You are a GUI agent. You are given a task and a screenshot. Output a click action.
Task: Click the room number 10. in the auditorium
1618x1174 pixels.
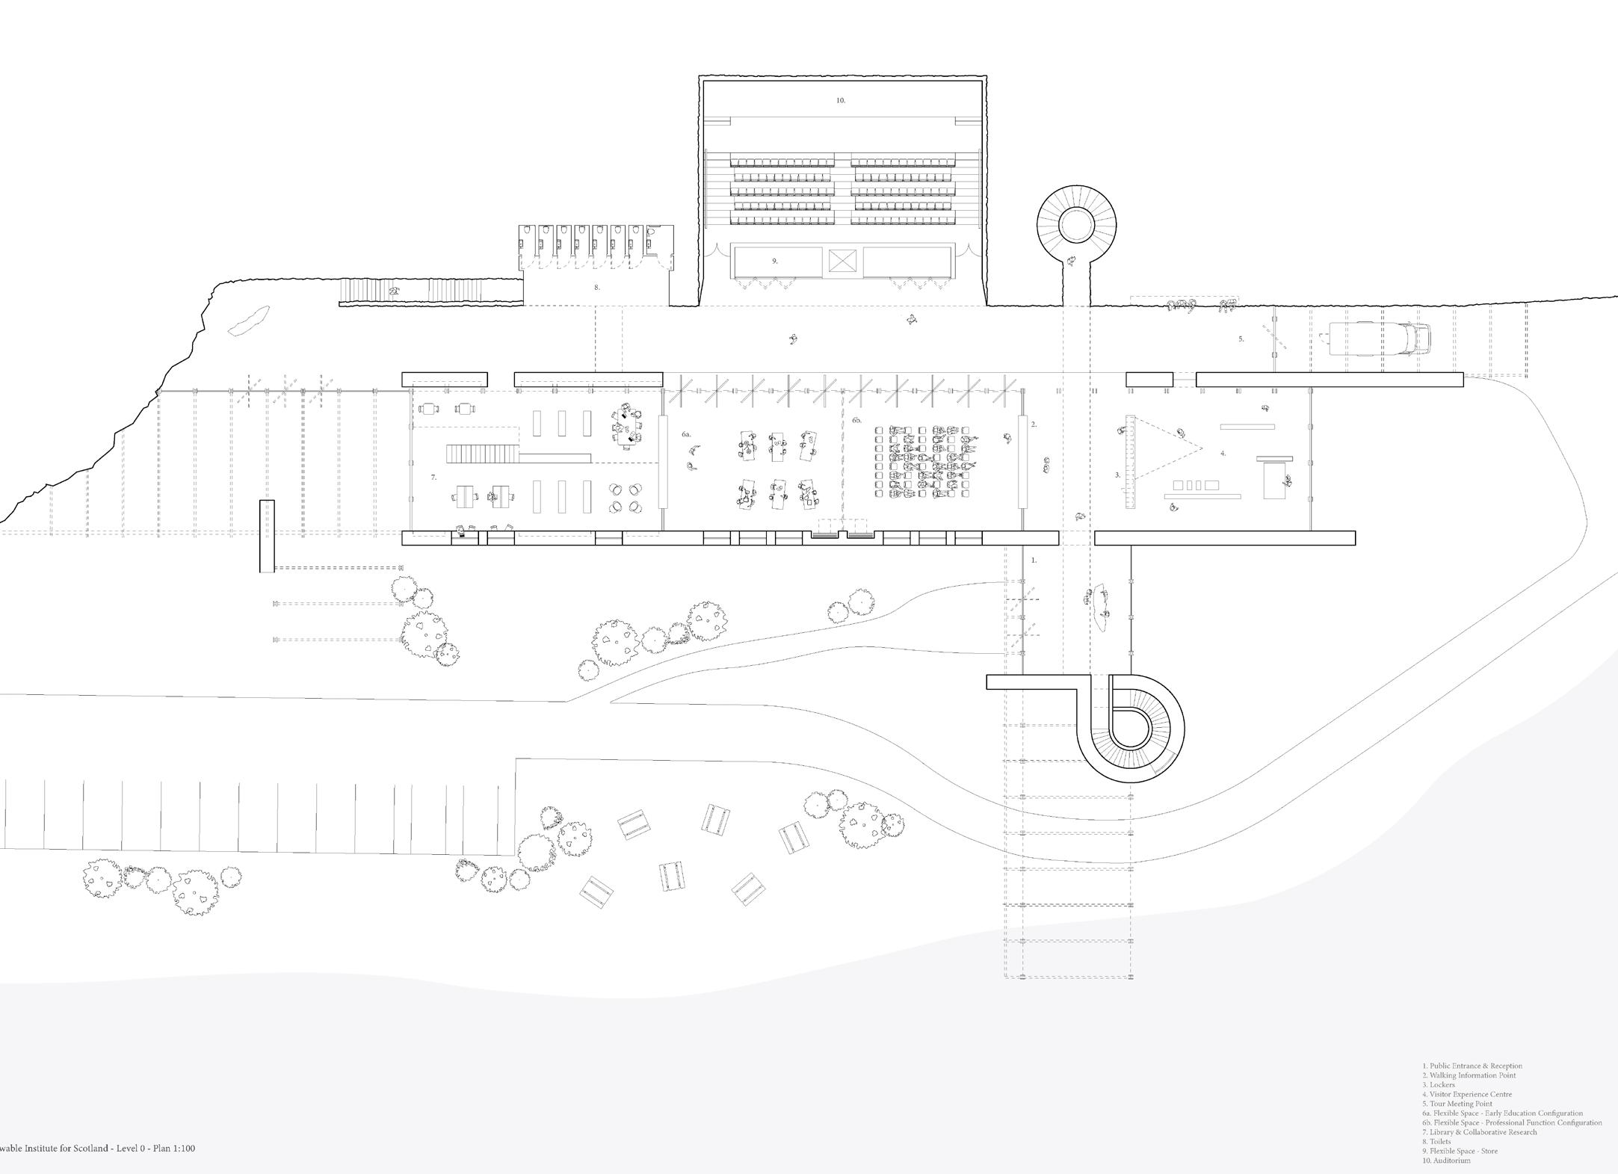840,100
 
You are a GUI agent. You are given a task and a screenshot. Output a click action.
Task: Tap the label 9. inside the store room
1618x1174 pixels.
775,261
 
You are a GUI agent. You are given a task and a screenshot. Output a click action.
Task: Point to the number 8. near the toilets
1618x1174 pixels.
596,287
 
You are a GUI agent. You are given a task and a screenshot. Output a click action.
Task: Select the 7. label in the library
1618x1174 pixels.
433,477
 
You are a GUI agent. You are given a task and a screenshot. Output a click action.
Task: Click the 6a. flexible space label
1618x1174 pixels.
686,434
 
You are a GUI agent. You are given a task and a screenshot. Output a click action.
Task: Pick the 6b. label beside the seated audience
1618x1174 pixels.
856,421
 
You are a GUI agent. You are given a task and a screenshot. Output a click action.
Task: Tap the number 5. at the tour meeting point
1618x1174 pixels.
1241,339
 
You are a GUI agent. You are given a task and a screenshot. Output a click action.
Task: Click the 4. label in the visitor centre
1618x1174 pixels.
1223,454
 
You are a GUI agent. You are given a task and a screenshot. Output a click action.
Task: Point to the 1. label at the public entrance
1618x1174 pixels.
1034,560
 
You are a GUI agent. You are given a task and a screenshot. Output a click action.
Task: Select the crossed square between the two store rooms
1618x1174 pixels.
842,261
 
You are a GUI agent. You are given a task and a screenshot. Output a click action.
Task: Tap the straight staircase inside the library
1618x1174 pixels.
482,454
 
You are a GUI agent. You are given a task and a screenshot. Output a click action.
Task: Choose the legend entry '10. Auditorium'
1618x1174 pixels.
1446,1161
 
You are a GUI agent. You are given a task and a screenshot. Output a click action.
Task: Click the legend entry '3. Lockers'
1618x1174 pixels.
1439,1084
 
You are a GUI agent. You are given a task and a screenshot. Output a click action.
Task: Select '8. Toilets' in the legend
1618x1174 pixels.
1436,1142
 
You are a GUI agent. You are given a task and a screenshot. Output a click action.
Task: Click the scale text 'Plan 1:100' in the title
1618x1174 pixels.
173,1148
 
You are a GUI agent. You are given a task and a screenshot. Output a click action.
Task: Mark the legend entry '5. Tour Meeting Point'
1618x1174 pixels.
1457,1104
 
